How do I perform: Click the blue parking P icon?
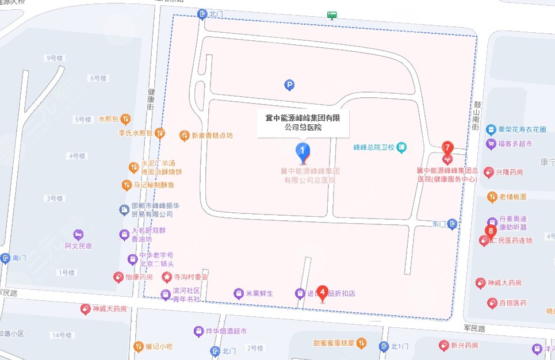tap(289, 86)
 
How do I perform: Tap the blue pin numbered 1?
tap(303, 151)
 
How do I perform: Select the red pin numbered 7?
tap(447, 147)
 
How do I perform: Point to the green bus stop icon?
tap(331, 14)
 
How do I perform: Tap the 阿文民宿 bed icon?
tap(78, 235)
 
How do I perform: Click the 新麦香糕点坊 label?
tap(212, 136)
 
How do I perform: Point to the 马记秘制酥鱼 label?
tap(154, 185)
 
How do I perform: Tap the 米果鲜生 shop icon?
tap(239, 293)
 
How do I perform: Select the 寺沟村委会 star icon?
tap(166, 277)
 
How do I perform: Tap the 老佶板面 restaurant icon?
tap(492, 197)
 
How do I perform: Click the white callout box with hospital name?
tap(303, 121)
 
